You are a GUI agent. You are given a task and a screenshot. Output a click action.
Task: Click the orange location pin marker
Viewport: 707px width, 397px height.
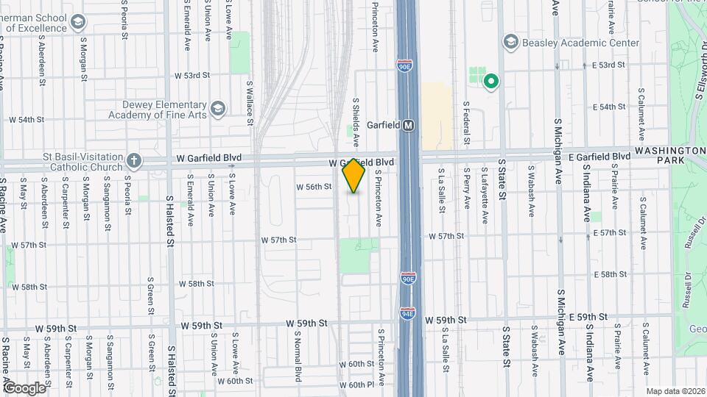pyautogui.click(x=353, y=176)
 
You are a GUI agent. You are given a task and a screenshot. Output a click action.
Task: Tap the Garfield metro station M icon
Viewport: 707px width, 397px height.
pyautogui.click(x=408, y=126)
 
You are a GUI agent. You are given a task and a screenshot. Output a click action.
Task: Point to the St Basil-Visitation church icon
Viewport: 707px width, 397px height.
pyautogui.click(x=133, y=160)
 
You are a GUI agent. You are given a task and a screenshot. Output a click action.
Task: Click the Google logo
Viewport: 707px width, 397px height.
pyautogui.click(x=24, y=387)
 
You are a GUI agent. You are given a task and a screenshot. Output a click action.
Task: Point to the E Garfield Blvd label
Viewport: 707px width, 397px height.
pyautogui.click(x=597, y=157)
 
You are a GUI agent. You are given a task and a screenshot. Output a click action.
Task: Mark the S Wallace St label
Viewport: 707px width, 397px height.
pyautogui.click(x=250, y=103)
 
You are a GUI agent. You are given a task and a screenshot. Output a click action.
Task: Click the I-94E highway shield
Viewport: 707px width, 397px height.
pyautogui.click(x=407, y=313)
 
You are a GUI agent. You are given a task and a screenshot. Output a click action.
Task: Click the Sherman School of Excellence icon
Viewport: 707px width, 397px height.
pyautogui.click(x=77, y=22)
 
